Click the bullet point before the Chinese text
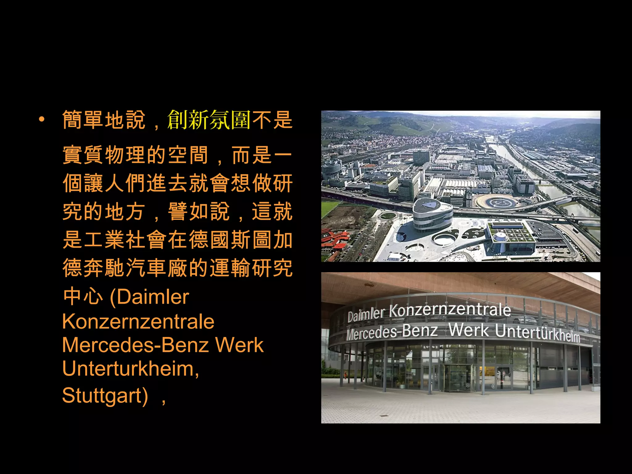(x=42, y=119)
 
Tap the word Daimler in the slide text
(x=153, y=297)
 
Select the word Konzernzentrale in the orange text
(x=138, y=322)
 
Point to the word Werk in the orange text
(x=239, y=345)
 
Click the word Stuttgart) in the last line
(x=105, y=395)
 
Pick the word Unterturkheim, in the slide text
(x=131, y=369)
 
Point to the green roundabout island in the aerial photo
(x=388, y=216)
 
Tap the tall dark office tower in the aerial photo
(x=421, y=157)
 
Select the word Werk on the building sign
(x=469, y=330)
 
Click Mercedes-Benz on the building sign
(x=392, y=332)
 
